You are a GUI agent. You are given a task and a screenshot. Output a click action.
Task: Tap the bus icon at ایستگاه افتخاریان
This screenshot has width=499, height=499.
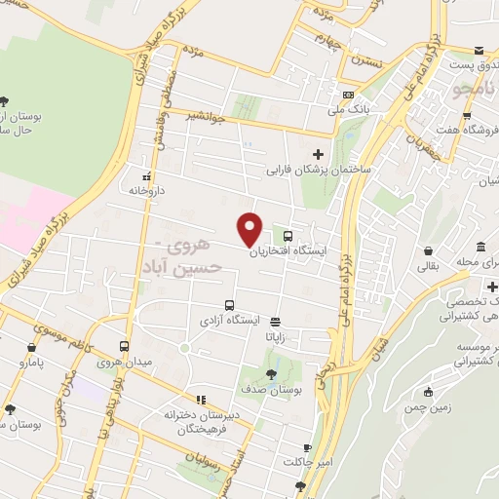(x=288, y=235)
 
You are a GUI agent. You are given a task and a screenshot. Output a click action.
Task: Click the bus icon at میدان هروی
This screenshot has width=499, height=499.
(x=124, y=346)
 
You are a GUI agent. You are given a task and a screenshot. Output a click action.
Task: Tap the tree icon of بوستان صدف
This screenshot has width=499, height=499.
(x=271, y=372)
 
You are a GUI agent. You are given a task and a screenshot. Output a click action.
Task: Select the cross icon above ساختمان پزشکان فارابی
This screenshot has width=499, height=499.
(x=317, y=154)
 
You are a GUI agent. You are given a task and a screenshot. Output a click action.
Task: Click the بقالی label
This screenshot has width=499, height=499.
(x=429, y=264)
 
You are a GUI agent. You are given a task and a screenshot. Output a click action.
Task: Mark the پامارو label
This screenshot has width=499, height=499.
(x=33, y=361)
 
